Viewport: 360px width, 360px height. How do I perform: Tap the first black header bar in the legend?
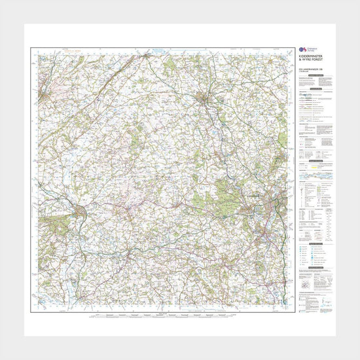(310, 78)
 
